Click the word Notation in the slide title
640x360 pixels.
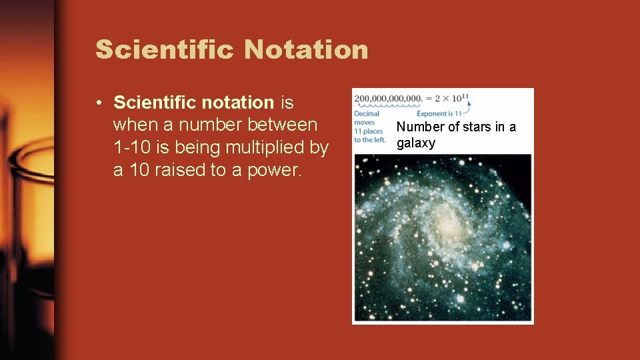pos(306,49)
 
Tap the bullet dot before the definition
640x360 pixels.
pos(98,103)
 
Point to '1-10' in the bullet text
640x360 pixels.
pos(133,147)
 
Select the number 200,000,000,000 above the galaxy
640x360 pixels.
pos(389,99)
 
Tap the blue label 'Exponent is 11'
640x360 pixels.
pos(440,114)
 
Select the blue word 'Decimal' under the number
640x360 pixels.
pos(367,114)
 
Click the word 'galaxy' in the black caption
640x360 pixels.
pos(415,143)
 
